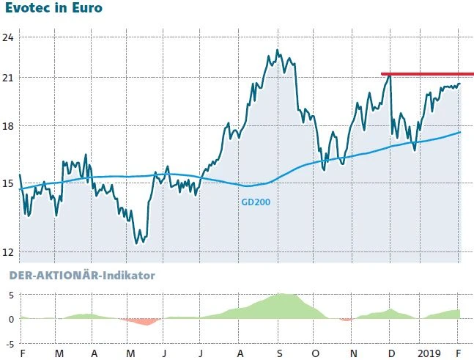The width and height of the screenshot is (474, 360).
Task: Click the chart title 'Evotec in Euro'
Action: [53, 10]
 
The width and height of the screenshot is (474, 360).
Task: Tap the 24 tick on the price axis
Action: [10, 37]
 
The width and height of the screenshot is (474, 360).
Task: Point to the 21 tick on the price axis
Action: [10, 78]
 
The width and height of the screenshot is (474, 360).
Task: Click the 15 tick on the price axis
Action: [10, 183]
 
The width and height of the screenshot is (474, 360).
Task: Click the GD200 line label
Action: [256, 201]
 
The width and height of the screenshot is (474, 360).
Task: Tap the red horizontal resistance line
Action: [427, 74]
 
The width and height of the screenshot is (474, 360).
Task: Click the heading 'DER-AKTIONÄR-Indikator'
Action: [82, 276]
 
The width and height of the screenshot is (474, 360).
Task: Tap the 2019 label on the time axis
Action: [429, 353]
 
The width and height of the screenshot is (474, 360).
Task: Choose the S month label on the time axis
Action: [280, 353]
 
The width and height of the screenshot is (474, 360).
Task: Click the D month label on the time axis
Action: [390, 353]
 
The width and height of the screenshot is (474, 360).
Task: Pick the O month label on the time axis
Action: [316, 353]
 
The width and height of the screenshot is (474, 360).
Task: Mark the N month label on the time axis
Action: [353, 353]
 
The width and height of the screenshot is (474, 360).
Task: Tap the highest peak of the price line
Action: [277, 50]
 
